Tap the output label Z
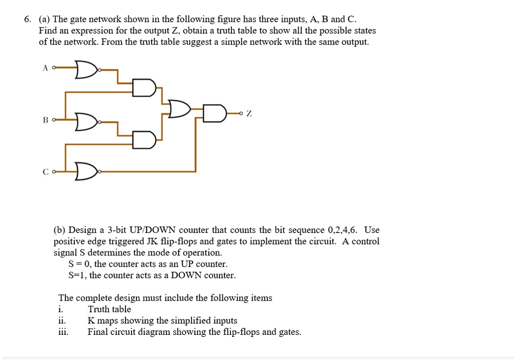249,114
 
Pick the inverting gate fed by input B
86,121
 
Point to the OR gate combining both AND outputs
180,109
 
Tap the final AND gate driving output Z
215,114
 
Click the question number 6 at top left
27,20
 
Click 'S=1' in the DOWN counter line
77,275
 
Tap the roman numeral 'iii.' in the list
64,332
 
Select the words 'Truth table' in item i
109,309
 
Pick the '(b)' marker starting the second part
60,230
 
